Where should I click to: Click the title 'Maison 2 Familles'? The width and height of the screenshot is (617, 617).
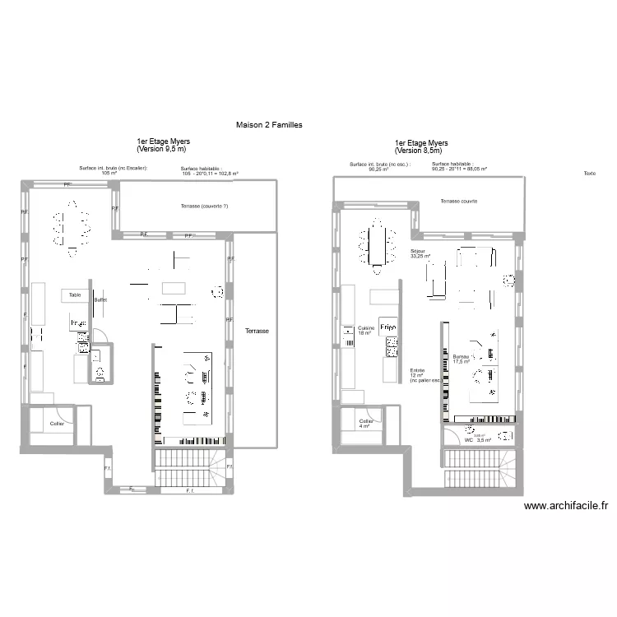269,125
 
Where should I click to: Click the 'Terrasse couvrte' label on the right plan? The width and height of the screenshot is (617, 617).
458,201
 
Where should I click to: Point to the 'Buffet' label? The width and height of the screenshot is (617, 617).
101,301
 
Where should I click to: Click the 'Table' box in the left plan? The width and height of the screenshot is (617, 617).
75,295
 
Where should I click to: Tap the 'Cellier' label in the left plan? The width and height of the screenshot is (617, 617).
57,424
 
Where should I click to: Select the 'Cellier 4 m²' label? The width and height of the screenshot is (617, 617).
365,424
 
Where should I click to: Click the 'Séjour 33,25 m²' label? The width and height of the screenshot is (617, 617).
420,253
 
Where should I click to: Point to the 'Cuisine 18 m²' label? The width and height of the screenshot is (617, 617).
366,331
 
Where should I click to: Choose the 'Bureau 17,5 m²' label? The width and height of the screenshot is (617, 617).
461,359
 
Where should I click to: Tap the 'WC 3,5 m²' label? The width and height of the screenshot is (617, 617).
477,439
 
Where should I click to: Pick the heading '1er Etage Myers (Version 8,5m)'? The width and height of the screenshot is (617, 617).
420,146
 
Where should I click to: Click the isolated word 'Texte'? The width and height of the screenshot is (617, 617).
589,174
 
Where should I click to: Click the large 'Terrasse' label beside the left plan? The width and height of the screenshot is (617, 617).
257,331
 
